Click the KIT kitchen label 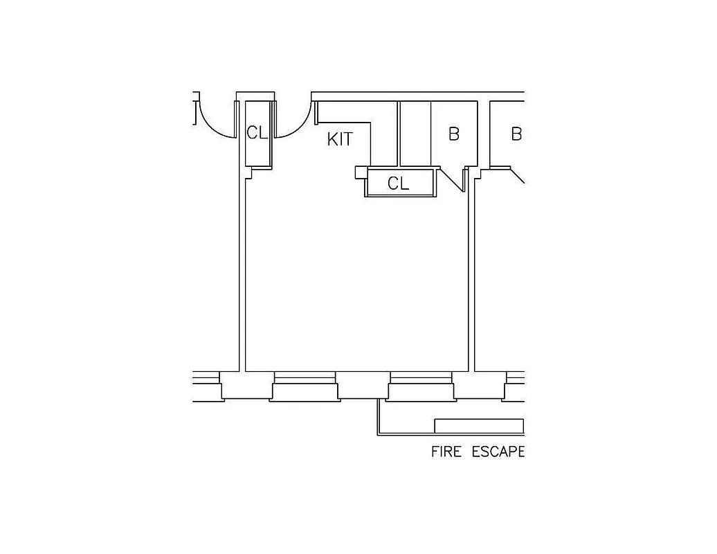340,139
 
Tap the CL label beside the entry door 257,132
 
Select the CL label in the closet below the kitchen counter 398,184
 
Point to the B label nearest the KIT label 454,134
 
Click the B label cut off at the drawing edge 516,134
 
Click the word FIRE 447,452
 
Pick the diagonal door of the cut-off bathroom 516,175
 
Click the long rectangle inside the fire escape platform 478,425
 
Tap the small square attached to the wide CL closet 360,172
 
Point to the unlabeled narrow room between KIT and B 415,134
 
